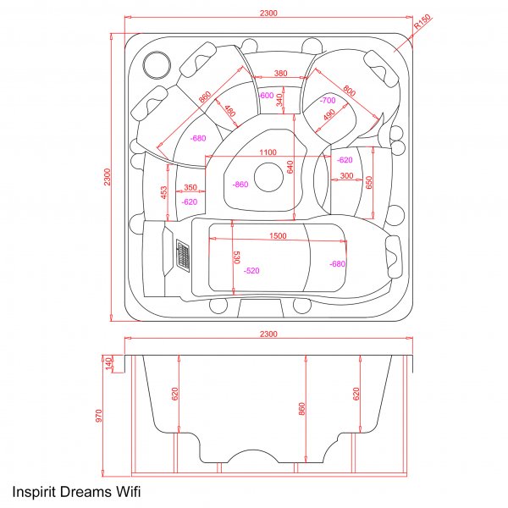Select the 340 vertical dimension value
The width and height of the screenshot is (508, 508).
coord(280,99)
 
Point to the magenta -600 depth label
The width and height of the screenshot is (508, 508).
coord(266,96)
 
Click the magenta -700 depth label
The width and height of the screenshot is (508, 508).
coord(329,101)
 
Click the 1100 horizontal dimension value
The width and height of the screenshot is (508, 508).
coord(268,152)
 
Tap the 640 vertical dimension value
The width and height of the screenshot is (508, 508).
coord(290,167)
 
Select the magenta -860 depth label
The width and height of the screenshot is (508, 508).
coord(240,185)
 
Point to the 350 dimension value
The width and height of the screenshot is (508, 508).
coord(190,187)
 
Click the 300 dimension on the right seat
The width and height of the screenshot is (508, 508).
coord(346,176)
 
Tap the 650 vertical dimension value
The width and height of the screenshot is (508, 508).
coord(368,182)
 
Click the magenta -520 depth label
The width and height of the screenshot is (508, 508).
coord(251,271)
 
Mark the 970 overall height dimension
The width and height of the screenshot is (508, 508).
coord(99,415)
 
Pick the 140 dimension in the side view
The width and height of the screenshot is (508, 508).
coord(109,363)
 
